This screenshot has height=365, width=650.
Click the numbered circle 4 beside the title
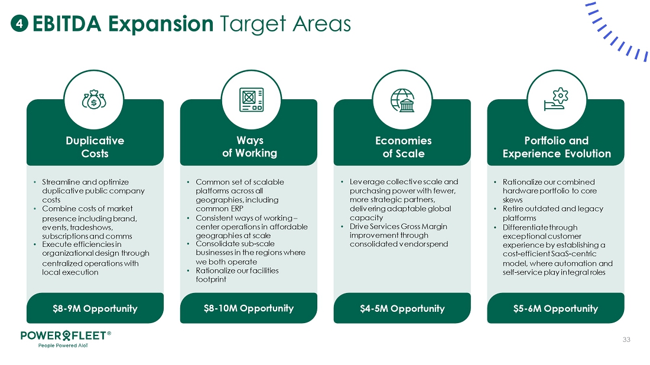[x=19, y=24]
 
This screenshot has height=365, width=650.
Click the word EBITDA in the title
[x=67, y=24]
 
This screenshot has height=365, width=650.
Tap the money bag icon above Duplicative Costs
[x=94, y=99]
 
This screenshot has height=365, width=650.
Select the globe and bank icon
[x=402, y=100]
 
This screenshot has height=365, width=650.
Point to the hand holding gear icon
[x=556, y=99]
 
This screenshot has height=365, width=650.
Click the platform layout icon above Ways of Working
[x=251, y=99]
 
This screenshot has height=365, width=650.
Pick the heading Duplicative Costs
[x=95, y=147]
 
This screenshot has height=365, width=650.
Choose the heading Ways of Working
[x=249, y=146]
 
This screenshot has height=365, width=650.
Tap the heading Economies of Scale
[x=404, y=147]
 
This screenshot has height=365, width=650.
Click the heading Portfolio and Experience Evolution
[x=557, y=147]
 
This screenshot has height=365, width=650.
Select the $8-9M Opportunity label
[x=95, y=309]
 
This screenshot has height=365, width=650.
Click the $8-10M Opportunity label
[x=249, y=308]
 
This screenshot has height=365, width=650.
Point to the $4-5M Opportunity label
[x=402, y=309]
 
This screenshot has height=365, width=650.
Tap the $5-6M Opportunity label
[x=555, y=309]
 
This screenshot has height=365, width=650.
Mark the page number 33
[x=626, y=340]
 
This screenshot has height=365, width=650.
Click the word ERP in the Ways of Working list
[x=236, y=209]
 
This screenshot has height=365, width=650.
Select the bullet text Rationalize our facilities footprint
[x=237, y=275]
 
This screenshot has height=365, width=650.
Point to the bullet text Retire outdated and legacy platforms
[x=553, y=213]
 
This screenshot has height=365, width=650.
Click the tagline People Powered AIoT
[x=63, y=346]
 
